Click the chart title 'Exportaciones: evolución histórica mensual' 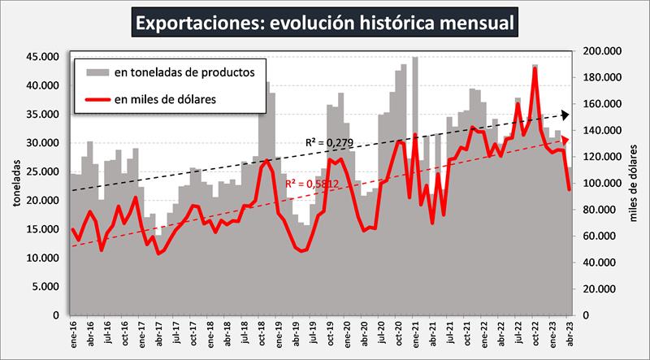tap(325, 22)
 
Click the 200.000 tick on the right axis tap(602, 51)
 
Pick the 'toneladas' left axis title tap(17, 184)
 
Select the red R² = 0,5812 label tap(312, 184)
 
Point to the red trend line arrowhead tap(565, 141)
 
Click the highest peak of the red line tap(535, 69)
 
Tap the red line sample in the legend tap(97, 100)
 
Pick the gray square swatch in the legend tap(97, 72)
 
